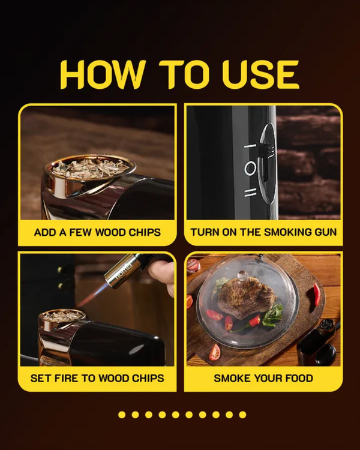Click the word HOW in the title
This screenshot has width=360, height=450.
(102, 74)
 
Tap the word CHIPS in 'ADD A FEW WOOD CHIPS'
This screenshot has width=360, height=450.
(145, 232)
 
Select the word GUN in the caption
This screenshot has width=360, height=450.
(326, 232)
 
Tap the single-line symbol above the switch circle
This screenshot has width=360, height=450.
(250, 146)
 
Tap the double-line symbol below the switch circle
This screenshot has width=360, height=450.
(250, 193)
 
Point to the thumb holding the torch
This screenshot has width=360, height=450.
(161, 272)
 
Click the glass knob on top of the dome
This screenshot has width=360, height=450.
(242, 277)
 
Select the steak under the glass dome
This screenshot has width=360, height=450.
(246, 299)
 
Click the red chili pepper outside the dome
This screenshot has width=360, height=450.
(316, 294)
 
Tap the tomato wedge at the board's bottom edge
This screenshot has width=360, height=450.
(215, 352)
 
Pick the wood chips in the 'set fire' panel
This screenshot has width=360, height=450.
(62, 316)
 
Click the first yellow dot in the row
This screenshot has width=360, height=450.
(122, 415)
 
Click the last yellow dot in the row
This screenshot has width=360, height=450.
(242, 415)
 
